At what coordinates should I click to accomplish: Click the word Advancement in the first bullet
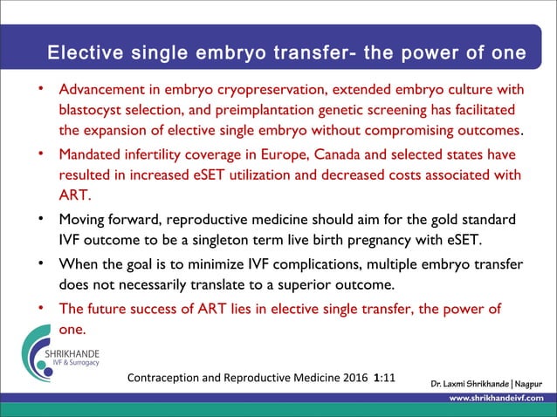coord(99,90)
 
